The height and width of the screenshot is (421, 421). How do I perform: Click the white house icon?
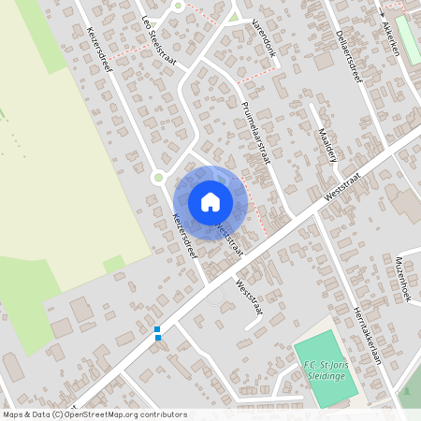click(210, 201)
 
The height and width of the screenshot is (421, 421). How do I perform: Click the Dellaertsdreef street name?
click(348, 55)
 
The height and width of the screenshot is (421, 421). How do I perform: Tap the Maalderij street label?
click(327, 145)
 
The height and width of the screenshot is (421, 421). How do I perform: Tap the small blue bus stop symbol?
click(157, 332)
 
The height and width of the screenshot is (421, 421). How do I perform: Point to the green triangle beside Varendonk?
click(234, 16)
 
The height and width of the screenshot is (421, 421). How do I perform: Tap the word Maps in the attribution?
click(13, 414)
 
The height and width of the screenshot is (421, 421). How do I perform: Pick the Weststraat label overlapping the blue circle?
click(230, 239)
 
